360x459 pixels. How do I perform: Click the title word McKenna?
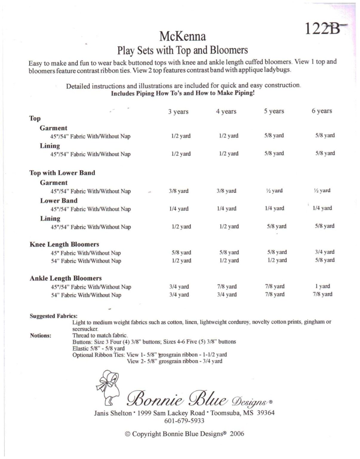(183, 36)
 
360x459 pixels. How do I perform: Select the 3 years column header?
(178, 112)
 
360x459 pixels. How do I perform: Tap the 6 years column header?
(322, 111)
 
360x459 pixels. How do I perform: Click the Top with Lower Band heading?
(62, 173)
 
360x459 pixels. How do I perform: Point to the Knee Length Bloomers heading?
(64, 244)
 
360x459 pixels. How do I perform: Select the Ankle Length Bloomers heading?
(65, 278)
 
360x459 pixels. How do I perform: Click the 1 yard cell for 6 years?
(322, 286)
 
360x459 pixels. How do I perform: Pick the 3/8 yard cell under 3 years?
(178, 191)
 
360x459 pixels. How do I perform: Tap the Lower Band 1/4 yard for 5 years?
(274, 208)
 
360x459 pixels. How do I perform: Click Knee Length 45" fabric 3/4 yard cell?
(324, 252)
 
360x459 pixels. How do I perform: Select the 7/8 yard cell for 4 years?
(227, 286)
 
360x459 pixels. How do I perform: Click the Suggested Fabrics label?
(53, 316)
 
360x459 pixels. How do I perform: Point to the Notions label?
(40, 336)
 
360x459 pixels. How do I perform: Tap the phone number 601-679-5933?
(184, 421)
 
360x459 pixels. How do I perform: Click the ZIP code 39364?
(266, 413)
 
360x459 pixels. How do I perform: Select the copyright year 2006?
(237, 434)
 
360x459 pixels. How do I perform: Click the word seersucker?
(85, 329)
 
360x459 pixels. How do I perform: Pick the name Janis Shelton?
(113, 413)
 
